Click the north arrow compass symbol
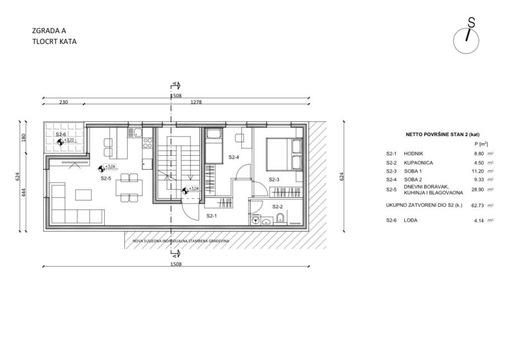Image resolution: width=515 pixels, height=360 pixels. coord(467,40)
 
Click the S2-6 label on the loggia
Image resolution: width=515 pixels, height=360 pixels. coord(60,134)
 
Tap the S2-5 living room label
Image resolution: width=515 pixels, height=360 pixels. coord(106,179)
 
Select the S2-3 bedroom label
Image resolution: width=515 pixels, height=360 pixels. coord(274,180)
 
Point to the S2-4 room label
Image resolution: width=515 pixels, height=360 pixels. coord(234,158)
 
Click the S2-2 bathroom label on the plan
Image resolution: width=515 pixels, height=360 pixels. coord(278,207)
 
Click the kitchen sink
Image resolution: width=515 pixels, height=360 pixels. coord(137,133)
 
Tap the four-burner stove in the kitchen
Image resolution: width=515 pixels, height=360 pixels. coord(148,143)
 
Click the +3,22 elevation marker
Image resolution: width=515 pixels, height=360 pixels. coord(66,141)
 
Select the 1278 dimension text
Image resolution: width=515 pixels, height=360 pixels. coord(196,102)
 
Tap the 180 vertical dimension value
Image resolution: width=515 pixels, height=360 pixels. coord(24,138)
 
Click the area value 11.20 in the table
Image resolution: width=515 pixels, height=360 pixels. coord(477,171)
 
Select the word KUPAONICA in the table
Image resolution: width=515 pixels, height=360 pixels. coord(418,162)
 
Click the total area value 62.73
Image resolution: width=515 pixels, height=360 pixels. coord(477,205)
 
